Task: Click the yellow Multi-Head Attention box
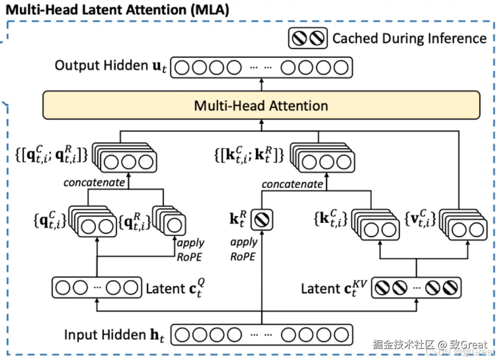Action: click(261, 105)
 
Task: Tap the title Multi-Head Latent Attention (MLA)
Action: click(118, 10)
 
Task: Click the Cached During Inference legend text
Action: click(409, 39)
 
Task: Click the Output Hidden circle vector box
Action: click(262, 67)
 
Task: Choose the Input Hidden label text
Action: click(114, 335)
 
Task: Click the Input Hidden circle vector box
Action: click(262, 335)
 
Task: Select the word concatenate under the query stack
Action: click(94, 182)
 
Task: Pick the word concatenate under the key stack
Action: click(292, 184)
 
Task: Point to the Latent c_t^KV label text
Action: click(333, 288)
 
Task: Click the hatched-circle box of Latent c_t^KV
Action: click(415, 288)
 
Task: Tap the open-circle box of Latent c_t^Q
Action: click(96, 288)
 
